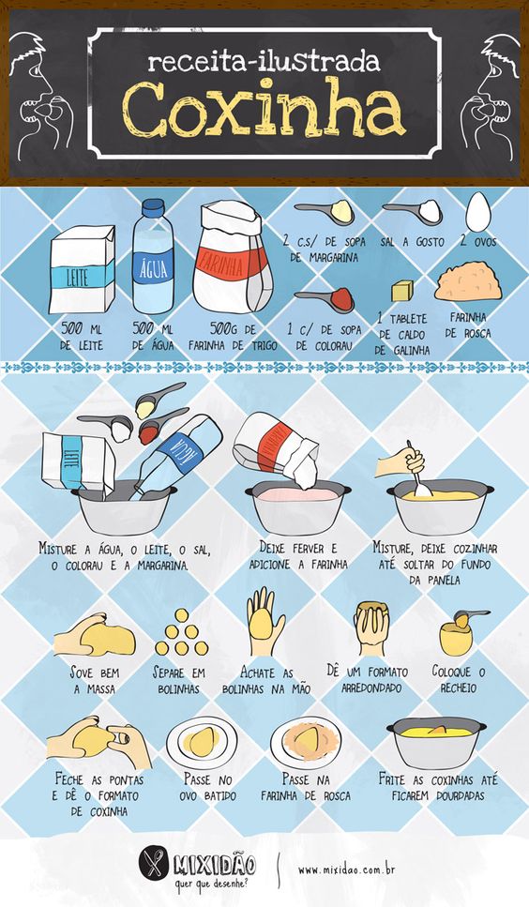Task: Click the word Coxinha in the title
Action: tap(264, 110)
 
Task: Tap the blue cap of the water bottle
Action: tap(153, 208)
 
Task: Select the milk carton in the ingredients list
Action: tap(82, 270)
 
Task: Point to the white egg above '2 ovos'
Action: tap(478, 212)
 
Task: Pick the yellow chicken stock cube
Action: tap(402, 291)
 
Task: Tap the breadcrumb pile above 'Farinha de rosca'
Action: tap(468, 283)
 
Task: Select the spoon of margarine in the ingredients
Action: tap(325, 212)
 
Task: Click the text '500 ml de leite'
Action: tap(82, 338)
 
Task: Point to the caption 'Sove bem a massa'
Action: tap(94, 681)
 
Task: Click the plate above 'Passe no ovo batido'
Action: tap(202, 741)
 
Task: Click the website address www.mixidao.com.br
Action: tap(347, 869)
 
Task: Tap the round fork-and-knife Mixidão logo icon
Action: tap(153, 865)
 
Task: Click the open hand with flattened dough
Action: tap(264, 621)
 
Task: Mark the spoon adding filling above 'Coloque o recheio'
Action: tap(469, 616)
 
